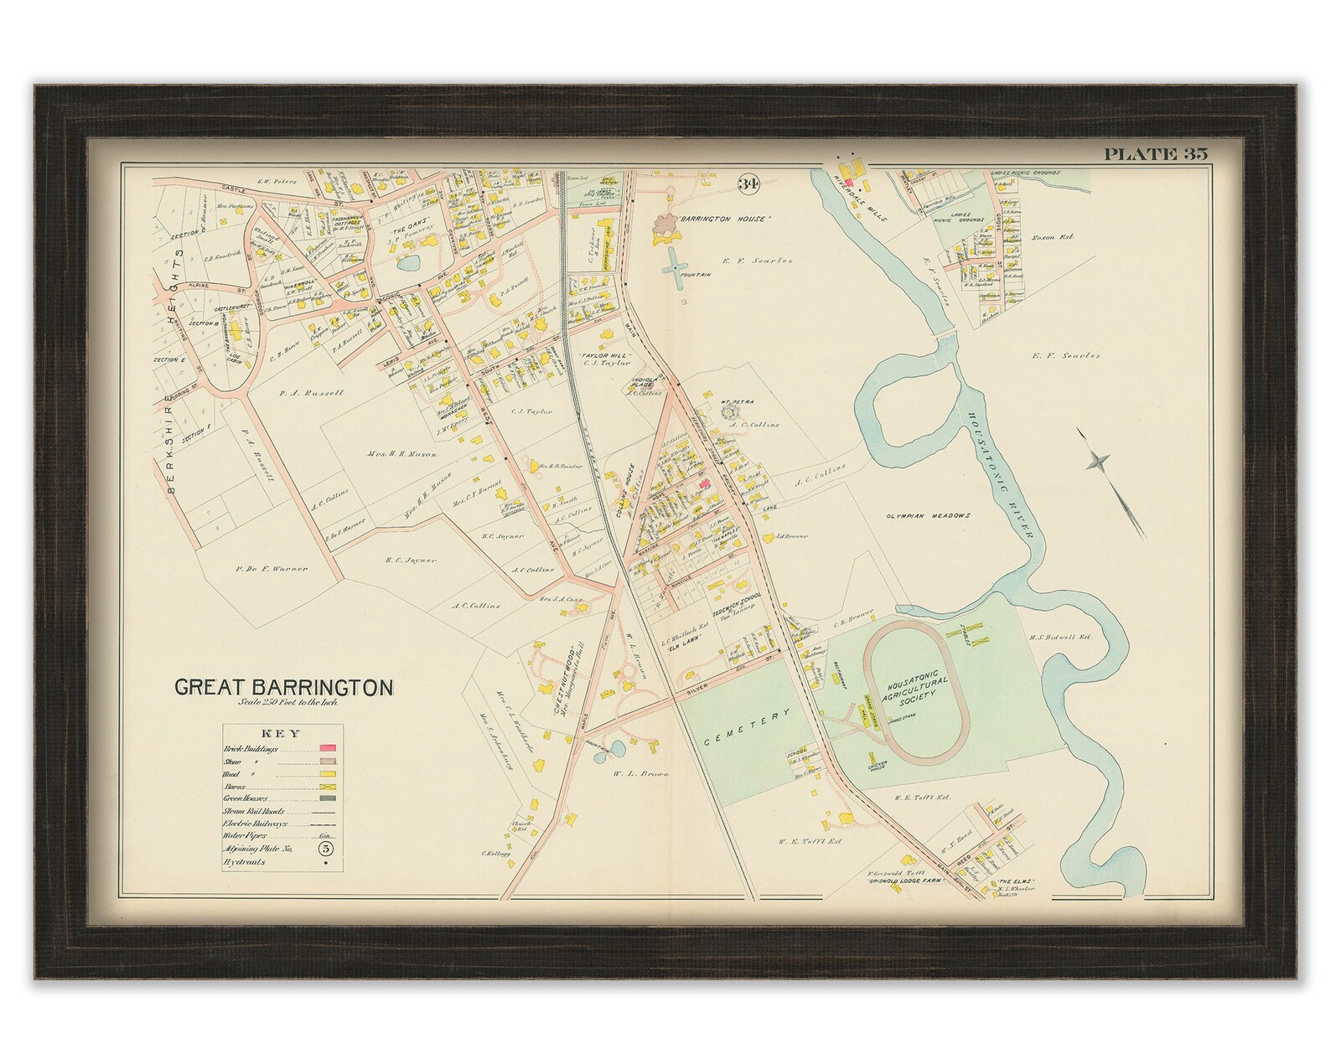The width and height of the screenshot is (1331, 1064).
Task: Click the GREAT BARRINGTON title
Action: [x=283, y=688]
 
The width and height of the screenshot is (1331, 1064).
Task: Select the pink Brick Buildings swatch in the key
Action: [x=327, y=746]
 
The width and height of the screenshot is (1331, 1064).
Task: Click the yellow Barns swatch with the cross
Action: [x=327, y=789]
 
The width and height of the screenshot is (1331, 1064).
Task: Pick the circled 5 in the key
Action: [x=327, y=848]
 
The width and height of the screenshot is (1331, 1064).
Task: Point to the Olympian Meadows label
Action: [x=928, y=515]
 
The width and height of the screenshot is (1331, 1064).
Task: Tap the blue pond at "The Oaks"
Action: [x=408, y=266]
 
